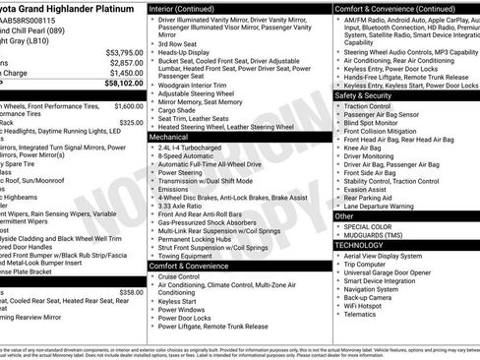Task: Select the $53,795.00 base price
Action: (x=123, y=52)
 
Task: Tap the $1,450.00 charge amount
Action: (x=127, y=73)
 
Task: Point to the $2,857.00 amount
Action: (x=125, y=62)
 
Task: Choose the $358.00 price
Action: (x=131, y=292)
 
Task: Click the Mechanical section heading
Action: (x=169, y=138)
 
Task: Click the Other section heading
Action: (x=345, y=215)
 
